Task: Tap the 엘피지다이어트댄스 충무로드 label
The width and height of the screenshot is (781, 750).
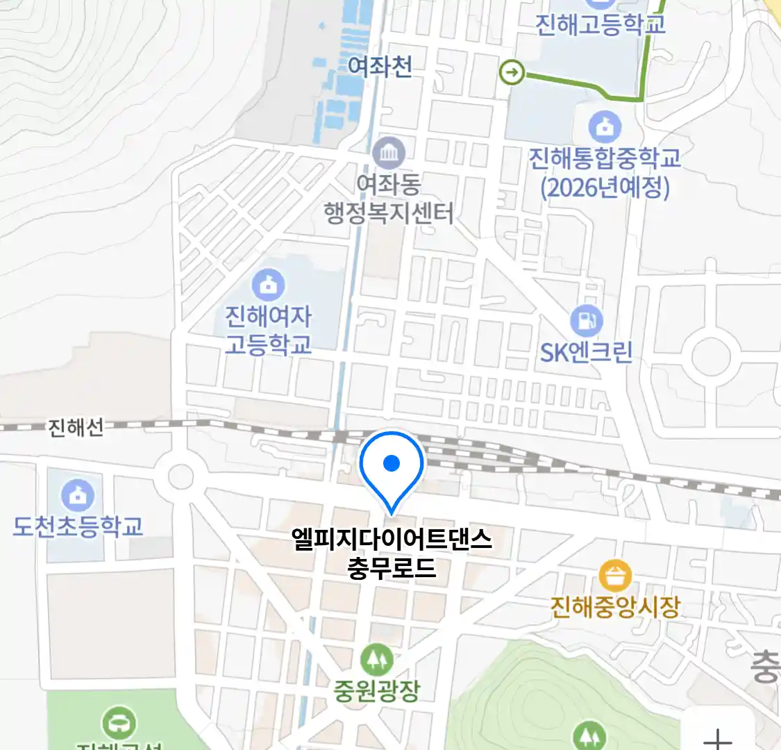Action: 392,553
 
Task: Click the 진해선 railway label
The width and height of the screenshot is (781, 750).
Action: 76,427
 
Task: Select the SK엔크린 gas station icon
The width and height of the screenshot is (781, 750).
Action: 587,321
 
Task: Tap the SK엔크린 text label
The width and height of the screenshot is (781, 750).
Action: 587,352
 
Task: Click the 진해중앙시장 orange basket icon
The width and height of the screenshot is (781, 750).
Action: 615,576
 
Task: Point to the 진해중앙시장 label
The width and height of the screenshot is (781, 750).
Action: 615,608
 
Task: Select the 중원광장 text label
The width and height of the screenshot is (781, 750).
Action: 377,690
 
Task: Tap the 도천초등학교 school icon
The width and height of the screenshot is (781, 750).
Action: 78,495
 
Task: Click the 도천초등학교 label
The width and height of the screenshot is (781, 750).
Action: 78,526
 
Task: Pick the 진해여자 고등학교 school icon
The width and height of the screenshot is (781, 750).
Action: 268,285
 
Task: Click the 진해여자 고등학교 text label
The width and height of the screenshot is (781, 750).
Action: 268,331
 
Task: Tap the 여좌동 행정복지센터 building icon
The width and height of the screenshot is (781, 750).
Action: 389,153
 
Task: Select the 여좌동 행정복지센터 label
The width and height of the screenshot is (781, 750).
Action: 389,199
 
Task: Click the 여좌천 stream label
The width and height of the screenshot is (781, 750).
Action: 380,67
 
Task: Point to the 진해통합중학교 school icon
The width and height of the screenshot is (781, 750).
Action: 605,126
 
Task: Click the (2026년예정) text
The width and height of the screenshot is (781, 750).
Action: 605,188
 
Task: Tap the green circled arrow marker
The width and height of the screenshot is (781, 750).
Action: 512,72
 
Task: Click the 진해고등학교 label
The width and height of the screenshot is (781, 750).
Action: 601,24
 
